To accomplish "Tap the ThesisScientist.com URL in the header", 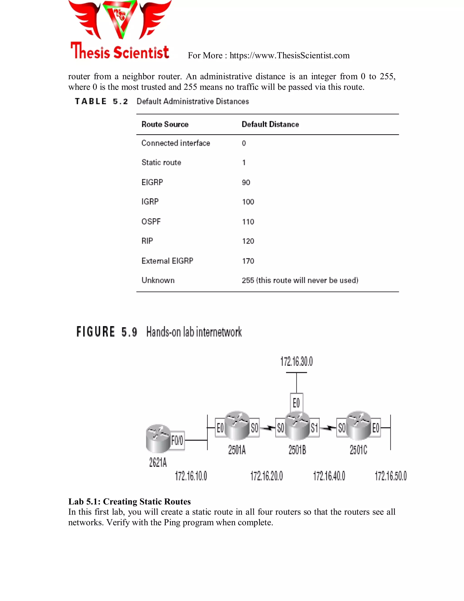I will (x=290, y=56).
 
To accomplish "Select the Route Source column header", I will (x=165, y=124).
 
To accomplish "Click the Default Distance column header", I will (x=270, y=124).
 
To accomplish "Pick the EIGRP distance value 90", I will (x=246, y=182).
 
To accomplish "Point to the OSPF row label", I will (x=151, y=222).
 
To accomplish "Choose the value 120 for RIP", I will (x=248, y=241).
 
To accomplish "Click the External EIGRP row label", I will (x=167, y=261).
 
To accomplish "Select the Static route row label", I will (x=161, y=163).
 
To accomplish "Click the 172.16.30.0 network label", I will (x=296, y=362).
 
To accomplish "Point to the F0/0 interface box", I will (x=177, y=440).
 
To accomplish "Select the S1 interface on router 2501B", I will (x=314, y=428).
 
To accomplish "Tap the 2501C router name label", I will (x=358, y=450).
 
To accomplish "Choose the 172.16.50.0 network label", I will (x=391, y=476).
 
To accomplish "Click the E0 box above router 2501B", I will (x=296, y=403).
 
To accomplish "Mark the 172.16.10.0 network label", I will (x=191, y=476).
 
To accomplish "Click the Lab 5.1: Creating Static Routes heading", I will (x=129, y=502).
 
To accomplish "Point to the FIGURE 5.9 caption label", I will (x=107, y=332).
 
